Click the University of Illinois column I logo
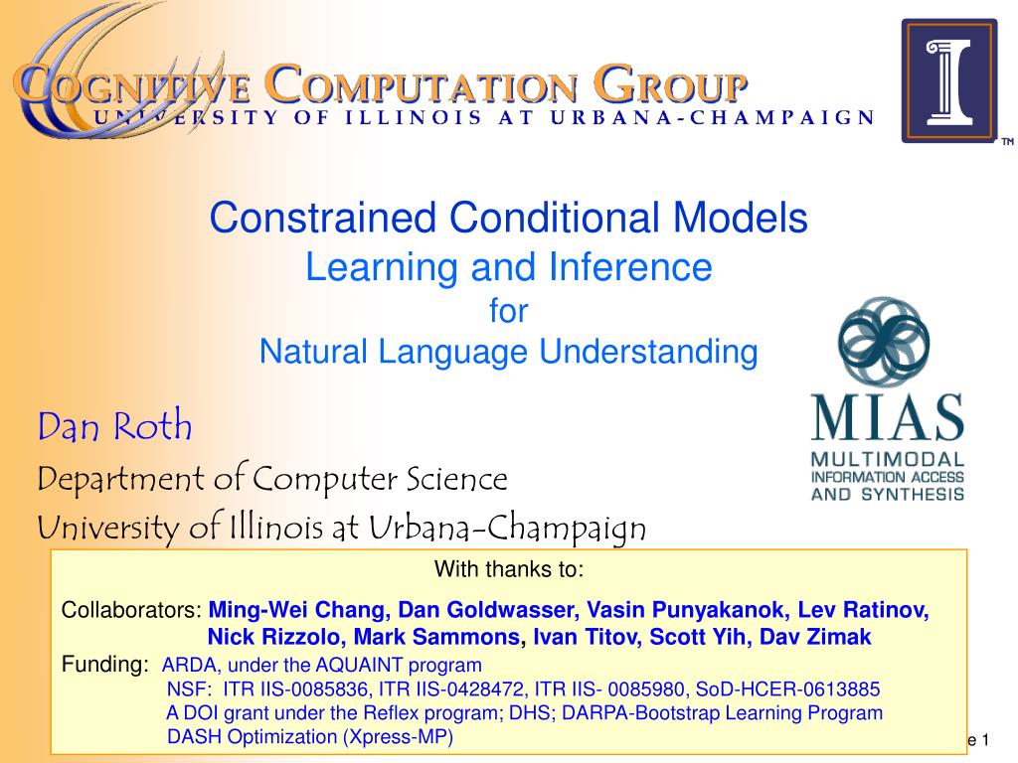click(949, 80)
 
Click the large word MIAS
click(887, 418)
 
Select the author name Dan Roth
click(115, 426)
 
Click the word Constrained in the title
click(323, 218)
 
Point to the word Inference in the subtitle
click(630, 266)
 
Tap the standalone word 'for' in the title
click(508, 311)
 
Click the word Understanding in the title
click(648, 353)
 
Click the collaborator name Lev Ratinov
click(863, 610)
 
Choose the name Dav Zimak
click(815, 637)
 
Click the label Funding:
click(105, 665)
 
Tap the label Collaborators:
click(132, 610)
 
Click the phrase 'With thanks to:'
click(509, 569)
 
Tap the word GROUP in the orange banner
click(671, 83)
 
